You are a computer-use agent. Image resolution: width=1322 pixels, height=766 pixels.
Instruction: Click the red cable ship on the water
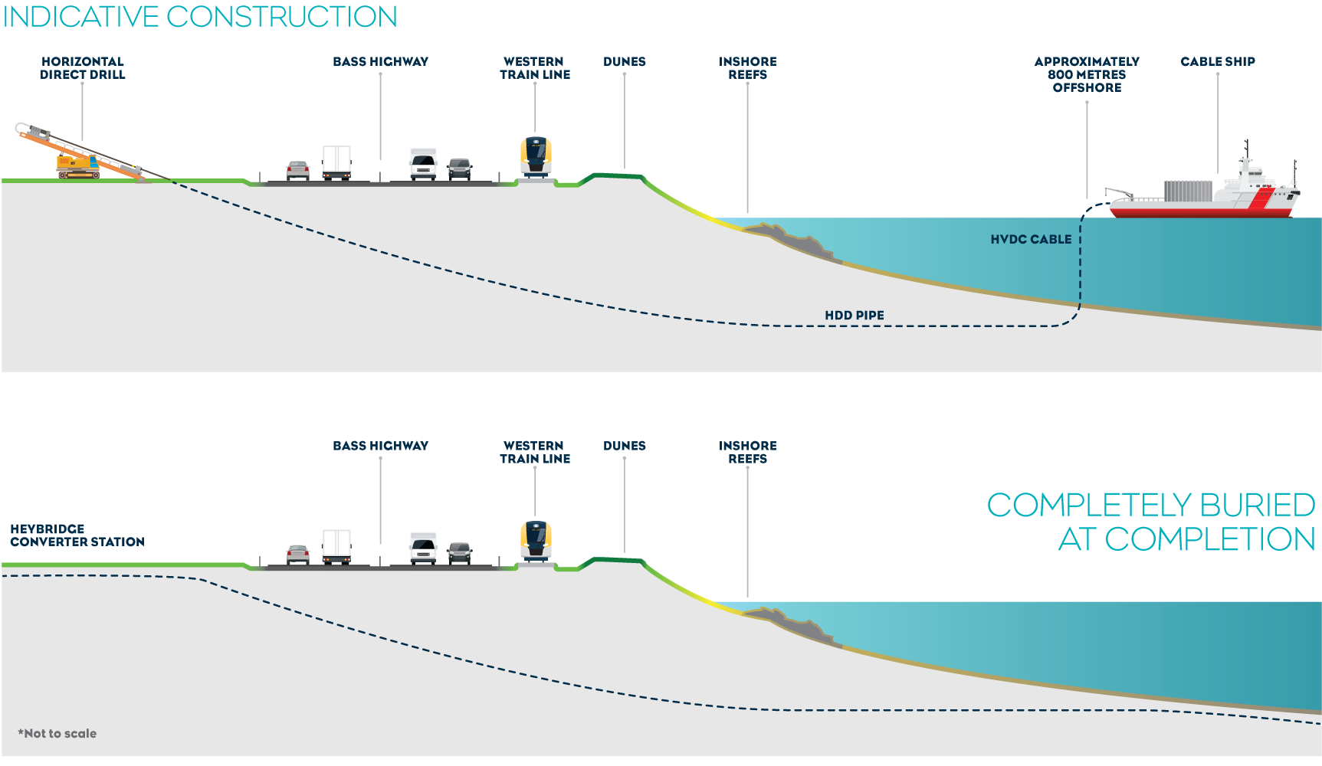click(x=1203, y=195)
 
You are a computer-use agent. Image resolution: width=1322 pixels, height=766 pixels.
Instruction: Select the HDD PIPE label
click(x=854, y=316)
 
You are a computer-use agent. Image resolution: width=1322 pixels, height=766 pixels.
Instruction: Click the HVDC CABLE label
click(x=1030, y=240)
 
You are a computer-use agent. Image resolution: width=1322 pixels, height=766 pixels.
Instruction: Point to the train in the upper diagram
click(x=536, y=157)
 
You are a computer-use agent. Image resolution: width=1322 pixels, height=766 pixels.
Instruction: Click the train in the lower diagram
click(x=536, y=541)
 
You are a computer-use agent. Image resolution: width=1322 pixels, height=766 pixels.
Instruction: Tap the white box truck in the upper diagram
click(x=336, y=163)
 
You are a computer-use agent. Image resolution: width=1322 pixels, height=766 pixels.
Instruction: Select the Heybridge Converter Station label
click(x=77, y=535)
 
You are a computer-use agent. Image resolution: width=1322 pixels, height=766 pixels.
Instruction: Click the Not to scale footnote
click(x=57, y=734)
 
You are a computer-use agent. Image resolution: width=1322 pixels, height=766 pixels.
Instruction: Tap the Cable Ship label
click(x=1217, y=62)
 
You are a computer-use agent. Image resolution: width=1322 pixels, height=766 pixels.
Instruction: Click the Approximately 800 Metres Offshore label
click(x=1086, y=75)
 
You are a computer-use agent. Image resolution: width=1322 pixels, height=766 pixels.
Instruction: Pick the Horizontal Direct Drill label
click(x=82, y=68)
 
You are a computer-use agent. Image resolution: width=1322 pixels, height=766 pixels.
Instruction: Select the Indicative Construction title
click(x=200, y=17)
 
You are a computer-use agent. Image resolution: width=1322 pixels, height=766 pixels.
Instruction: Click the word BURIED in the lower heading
click(x=1257, y=506)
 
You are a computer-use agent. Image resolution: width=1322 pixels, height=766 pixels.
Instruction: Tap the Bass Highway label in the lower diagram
click(x=380, y=446)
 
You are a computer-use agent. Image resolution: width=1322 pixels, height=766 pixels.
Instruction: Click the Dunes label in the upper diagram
click(x=624, y=62)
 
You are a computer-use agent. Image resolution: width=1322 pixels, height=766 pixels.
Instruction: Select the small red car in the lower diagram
click(x=297, y=554)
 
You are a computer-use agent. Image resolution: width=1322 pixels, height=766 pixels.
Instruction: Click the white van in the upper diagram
click(x=423, y=164)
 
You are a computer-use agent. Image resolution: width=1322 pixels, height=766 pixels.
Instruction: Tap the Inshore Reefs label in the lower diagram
click(x=747, y=453)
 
